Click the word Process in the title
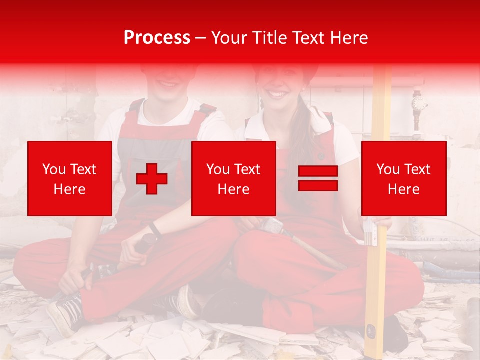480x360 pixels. tap(157, 38)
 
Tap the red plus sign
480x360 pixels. tap(152, 179)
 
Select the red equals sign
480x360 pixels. tap(318, 178)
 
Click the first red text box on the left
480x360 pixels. tap(70, 178)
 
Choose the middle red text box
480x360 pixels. tap(233, 178)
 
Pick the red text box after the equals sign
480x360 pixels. tap(404, 178)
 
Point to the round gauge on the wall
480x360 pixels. tap(419, 103)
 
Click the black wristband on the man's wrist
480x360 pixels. tap(155, 229)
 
